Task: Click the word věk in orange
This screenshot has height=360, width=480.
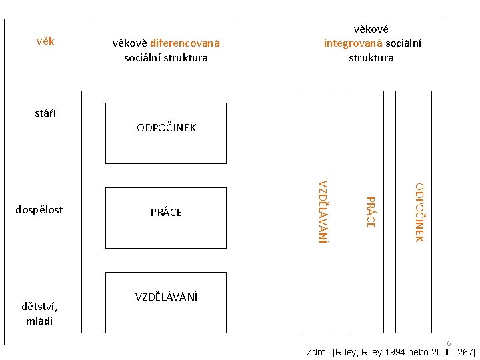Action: [45, 41]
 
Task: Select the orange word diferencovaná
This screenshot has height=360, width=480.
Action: [185, 44]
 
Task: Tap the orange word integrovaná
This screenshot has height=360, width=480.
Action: [353, 43]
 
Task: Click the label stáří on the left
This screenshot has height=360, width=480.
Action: [45, 113]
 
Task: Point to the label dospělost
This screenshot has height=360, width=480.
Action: [39, 209]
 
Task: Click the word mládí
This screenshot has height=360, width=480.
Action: [39, 321]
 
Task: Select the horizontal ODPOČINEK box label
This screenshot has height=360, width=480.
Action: [166, 127]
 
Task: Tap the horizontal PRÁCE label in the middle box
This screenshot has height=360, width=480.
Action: [166, 213]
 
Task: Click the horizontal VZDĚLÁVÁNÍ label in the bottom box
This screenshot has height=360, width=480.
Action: [166, 297]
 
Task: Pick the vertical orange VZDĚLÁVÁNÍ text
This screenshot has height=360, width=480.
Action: [323, 211]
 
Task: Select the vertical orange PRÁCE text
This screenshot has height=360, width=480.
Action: [371, 211]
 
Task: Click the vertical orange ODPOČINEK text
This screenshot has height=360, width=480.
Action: [419, 212]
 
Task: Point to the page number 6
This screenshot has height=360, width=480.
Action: [449, 343]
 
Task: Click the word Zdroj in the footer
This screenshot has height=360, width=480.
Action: [317, 352]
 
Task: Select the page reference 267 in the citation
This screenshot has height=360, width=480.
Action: [463, 352]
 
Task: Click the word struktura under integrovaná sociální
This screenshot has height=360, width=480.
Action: [371, 57]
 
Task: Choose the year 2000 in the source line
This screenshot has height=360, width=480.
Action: [437, 352]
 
